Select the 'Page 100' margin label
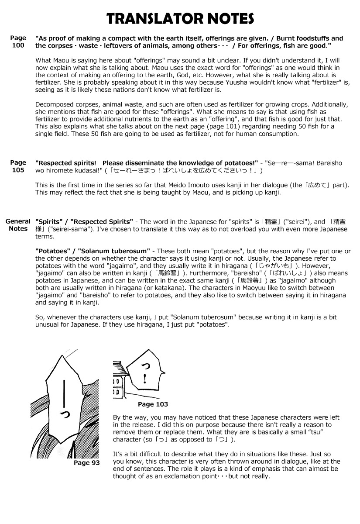[18, 41]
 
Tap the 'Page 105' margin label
[18, 166]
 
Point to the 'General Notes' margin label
[18, 225]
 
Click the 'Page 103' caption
[153, 404]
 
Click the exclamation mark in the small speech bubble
[144, 376]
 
